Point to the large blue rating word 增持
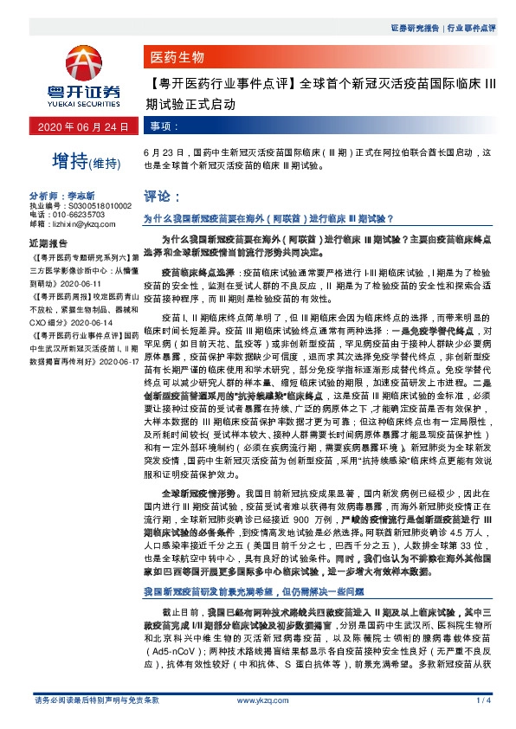click(70, 160)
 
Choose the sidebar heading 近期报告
click(48, 243)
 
